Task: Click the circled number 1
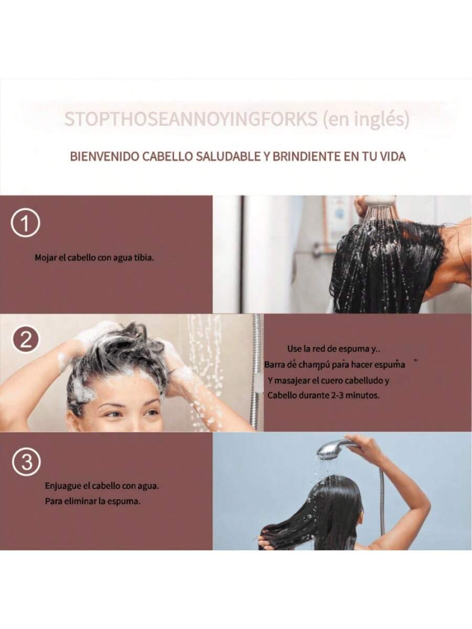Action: pyautogui.click(x=26, y=223)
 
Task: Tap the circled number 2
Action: pyautogui.click(x=26, y=341)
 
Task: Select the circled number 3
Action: pyautogui.click(x=26, y=462)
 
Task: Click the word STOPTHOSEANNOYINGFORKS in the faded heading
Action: pyautogui.click(x=191, y=118)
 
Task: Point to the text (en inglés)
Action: pyautogui.click(x=366, y=119)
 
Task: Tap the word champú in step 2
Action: pyautogui.click(x=317, y=365)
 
